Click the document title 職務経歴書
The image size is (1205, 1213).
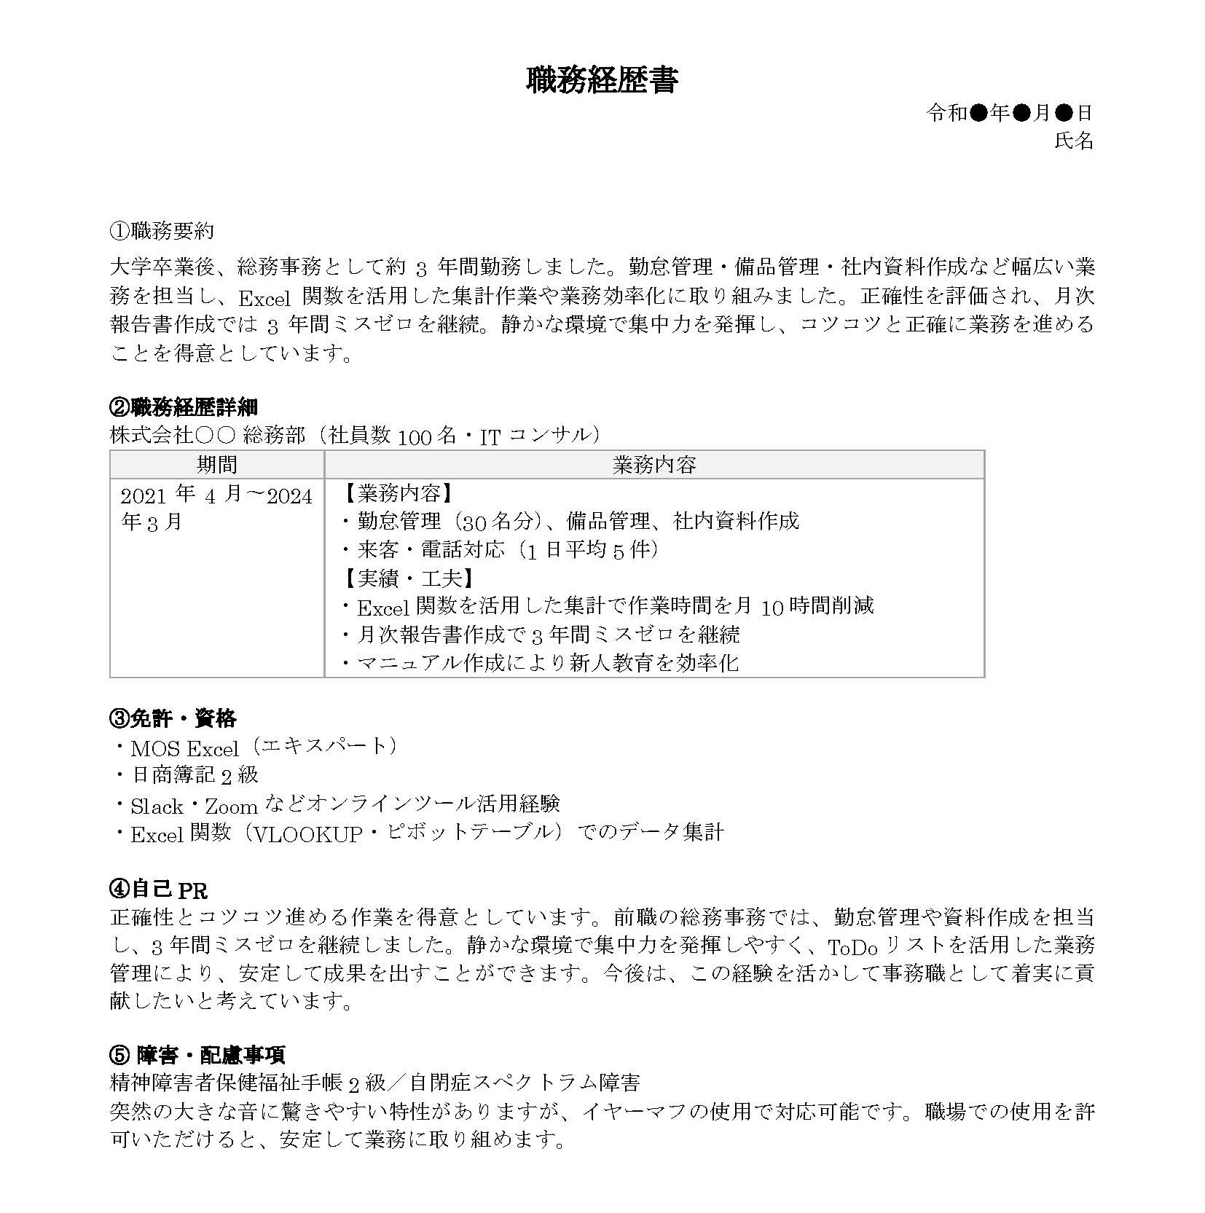point(602,80)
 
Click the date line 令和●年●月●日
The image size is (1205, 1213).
point(1009,113)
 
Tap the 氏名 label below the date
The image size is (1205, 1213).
point(1074,141)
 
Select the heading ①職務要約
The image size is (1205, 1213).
point(161,231)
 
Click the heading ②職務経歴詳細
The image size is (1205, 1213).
point(183,407)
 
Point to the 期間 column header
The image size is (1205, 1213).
point(216,464)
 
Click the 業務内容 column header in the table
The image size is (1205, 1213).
point(653,465)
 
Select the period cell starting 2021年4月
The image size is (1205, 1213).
point(216,509)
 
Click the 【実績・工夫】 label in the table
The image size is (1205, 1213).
point(408,578)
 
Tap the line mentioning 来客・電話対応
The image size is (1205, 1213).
point(501,549)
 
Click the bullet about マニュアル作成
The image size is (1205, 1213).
point(541,662)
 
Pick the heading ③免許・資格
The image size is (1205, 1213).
point(173,718)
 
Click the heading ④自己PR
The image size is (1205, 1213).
point(158,890)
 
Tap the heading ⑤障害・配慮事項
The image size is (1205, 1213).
point(197,1054)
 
